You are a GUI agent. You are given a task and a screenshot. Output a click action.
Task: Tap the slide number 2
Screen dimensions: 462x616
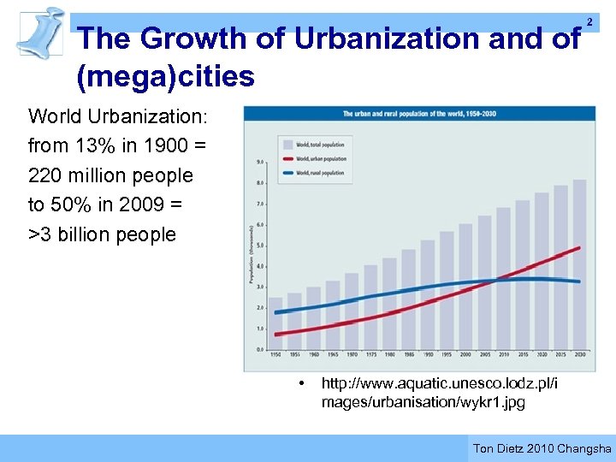(589, 21)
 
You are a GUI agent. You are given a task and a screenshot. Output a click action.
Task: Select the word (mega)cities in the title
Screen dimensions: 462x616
(165, 77)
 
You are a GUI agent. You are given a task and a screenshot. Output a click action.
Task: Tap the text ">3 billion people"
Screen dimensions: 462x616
(102, 234)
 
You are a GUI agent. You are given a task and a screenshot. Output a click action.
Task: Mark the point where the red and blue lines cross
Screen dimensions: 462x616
(495, 281)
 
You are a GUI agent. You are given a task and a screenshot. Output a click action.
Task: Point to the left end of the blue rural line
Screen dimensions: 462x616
(275, 312)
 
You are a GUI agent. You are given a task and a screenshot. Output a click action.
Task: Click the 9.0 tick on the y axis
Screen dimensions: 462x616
(258, 162)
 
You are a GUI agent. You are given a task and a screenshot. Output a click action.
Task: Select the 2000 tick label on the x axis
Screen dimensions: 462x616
(465, 355)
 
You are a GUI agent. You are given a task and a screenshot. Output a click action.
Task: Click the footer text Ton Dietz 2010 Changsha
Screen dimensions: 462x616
(542, 448)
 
